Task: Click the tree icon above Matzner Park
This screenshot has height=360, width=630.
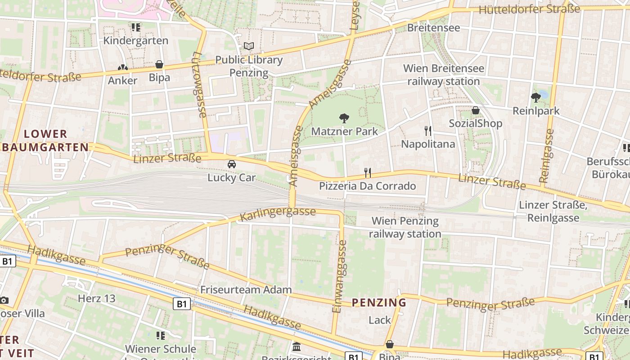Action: coord(344,118)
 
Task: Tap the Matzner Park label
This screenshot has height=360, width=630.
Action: coord(345,131)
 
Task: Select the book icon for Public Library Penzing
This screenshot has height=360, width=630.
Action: coord(249,46)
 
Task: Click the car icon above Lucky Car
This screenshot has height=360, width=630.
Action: coord(232,164)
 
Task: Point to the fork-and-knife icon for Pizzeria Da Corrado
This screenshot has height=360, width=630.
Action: coord(368,172)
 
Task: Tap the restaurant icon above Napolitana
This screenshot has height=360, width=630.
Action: coord(428,131)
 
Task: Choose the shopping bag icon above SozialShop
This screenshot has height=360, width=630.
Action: coord(476,110)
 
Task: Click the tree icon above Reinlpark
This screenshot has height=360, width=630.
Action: coord(536,97)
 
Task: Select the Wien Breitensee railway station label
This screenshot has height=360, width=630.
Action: coord(444,75)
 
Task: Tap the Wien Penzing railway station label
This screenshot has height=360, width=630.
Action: coord(405,227)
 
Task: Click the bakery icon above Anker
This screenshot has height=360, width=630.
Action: coord(123,68)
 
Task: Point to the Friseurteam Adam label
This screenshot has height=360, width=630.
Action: coord(246,290)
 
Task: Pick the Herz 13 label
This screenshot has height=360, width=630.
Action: coord(97,298)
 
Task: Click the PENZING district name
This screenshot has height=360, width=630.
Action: coord(379,302)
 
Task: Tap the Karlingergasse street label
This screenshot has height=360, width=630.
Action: coord(278,214)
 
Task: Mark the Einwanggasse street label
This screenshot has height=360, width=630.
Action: coord(340,276)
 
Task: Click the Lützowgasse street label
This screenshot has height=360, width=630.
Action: coord(199,85)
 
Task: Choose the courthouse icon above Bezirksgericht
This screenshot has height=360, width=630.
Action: coord(297,346)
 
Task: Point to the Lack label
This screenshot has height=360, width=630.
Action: coord(380,320)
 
